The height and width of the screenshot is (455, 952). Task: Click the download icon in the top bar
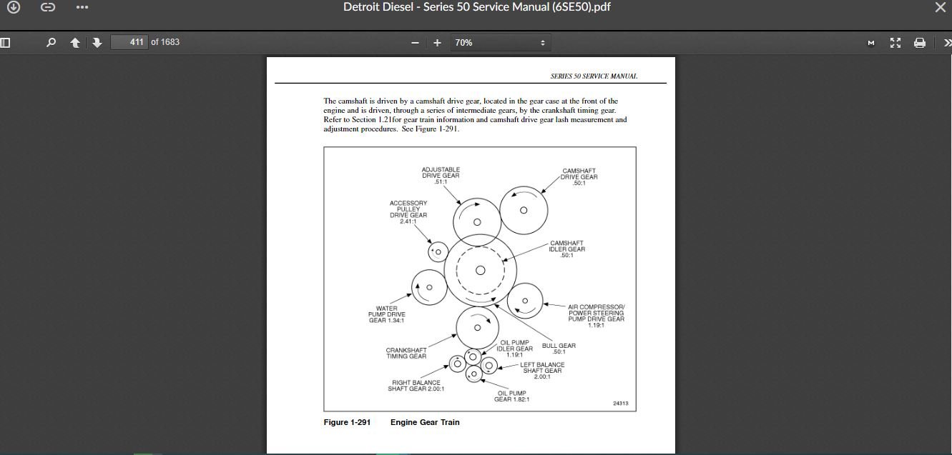[13, 7]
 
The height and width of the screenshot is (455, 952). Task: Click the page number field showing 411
[129, 42]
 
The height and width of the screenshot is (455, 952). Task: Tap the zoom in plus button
[437, 42]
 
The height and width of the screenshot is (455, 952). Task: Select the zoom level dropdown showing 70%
[500, 42]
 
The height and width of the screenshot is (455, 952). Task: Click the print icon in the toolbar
[920, 42]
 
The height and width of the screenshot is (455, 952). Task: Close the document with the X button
[940, 7]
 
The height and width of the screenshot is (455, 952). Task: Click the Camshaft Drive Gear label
[579, 177]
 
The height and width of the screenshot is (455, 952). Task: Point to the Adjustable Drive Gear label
[441, 176]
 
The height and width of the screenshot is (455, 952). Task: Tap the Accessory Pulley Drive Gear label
[408, 212]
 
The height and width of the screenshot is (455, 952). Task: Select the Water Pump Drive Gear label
[387, 314]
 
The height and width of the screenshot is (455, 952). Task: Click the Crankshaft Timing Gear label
[406, 353]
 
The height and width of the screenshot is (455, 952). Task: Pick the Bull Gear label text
[559, 349]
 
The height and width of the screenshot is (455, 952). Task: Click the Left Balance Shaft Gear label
[542, 371]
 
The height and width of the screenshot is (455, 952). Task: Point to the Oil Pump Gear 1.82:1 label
[511, 396]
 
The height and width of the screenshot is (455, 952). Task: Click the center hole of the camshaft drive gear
[524, 210]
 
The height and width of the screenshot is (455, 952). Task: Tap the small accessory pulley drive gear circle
[438, 252]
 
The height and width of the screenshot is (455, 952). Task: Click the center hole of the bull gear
[480, 271]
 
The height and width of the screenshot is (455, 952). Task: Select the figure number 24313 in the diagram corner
[621, 404]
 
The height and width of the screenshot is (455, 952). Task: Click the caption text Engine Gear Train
[425, 422]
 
